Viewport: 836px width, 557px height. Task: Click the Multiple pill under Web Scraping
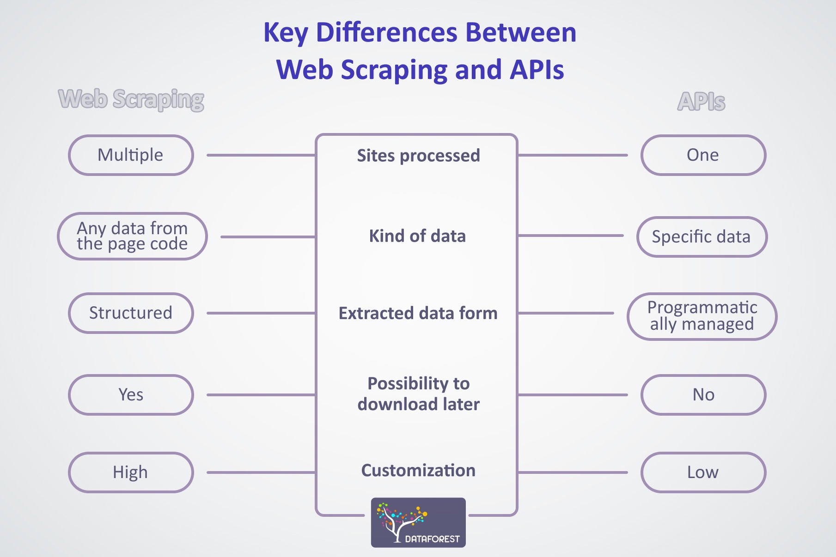click(x=131, y=155)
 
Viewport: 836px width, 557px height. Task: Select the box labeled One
click(x=703, y=155)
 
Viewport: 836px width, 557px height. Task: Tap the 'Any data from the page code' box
click(x=132, y=236)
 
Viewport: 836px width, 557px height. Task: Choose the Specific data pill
click(x=702, y=236)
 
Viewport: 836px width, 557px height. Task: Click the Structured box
click(x=131, y=313)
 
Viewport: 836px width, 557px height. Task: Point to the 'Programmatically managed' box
click(x=702, y=316)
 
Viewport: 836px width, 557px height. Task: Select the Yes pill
click(x=131, y=395)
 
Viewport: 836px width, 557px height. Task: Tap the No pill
click(x=703, y=395)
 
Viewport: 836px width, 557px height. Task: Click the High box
click(x=131, y=472)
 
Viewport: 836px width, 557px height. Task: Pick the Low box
click(x=703, y=472)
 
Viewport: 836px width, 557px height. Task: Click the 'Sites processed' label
click(x=418, y=156)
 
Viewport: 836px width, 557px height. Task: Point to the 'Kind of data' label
click(x=417, y=236)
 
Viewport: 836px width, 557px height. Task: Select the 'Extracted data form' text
click(x=418, y=313)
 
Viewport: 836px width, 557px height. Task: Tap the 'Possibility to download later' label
click(x=418, y=394)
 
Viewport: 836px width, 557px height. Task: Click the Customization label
click(x=418, y=470)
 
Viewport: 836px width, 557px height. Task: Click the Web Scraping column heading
click(x=131, y=99)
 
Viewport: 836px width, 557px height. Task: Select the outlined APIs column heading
click(x=701, y=101)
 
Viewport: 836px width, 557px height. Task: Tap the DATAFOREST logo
click(x=418, y=522)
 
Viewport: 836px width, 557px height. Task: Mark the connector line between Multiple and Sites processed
click(x=261, y=155)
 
